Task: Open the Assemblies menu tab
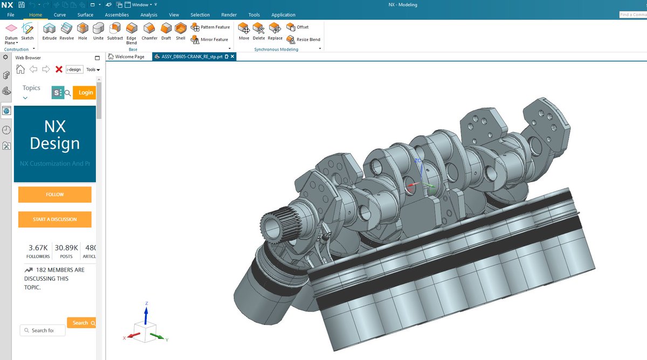tap(117, 15)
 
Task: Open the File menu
tap(11, 15)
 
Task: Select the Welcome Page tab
tap(126, 57)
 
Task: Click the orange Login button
tap(85, 93)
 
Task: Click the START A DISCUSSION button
tap(54, 219)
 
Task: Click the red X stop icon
tap(59, 69)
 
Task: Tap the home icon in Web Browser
tap(20, 69)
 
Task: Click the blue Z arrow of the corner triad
tap(146, 311)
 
